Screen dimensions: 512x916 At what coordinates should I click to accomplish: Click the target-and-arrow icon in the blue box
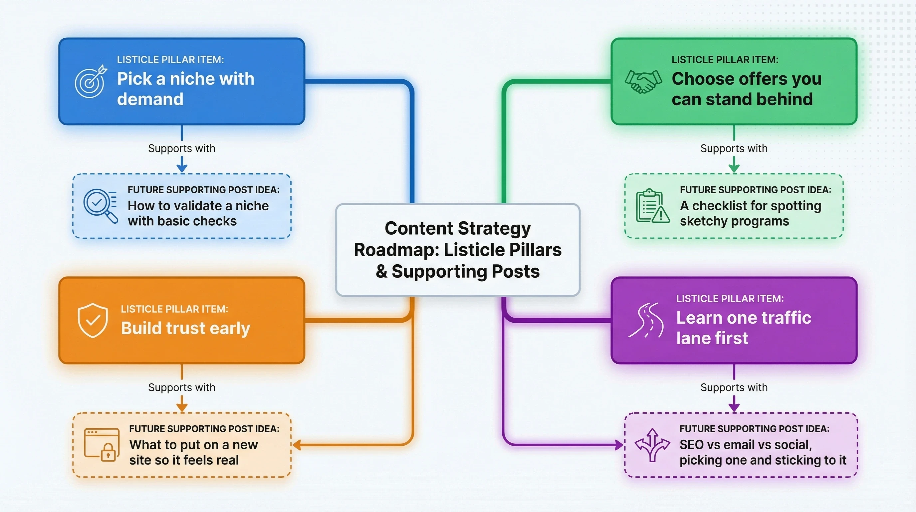click(x=91, y=81)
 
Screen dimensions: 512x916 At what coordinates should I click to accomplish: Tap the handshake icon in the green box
click(x=643, y=82)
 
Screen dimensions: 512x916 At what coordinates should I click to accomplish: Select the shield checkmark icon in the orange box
click(x=93, y=320)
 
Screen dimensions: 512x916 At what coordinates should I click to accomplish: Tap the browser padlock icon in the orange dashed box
click(x=101, y=445)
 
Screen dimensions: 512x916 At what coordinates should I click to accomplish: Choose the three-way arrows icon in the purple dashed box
click(x=652, y=445)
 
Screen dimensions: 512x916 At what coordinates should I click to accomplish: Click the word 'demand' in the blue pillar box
click(x=150, y=99)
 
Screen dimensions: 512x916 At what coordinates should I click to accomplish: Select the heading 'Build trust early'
click(x=185, y=328)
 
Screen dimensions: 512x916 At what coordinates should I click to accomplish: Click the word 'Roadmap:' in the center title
click(x=396, y=250)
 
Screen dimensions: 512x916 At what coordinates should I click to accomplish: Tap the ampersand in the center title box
click(x=381, y=272)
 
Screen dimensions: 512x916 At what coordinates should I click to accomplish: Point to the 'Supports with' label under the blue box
click(x=182, y=148)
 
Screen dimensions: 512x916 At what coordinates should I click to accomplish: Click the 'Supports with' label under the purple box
click(x=734, y=387)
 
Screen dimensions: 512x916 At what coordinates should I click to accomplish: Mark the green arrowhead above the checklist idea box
click(x=734, y=168)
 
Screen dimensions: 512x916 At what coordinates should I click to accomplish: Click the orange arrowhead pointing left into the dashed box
click(x=296, y=445)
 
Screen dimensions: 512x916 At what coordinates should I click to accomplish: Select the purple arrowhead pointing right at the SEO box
click(x=619, y=445)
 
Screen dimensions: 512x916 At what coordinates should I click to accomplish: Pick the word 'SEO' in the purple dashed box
click(x=691, y=445)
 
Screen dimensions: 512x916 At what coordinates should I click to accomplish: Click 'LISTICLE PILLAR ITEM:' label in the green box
click(x=725, y=60)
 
